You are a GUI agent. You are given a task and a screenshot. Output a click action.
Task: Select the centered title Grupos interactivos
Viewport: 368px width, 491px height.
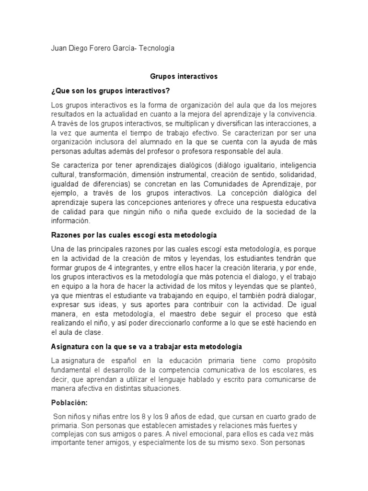tap(184, 76)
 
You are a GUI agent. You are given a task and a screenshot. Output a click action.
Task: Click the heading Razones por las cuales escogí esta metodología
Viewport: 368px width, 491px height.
tap(134, 235)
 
